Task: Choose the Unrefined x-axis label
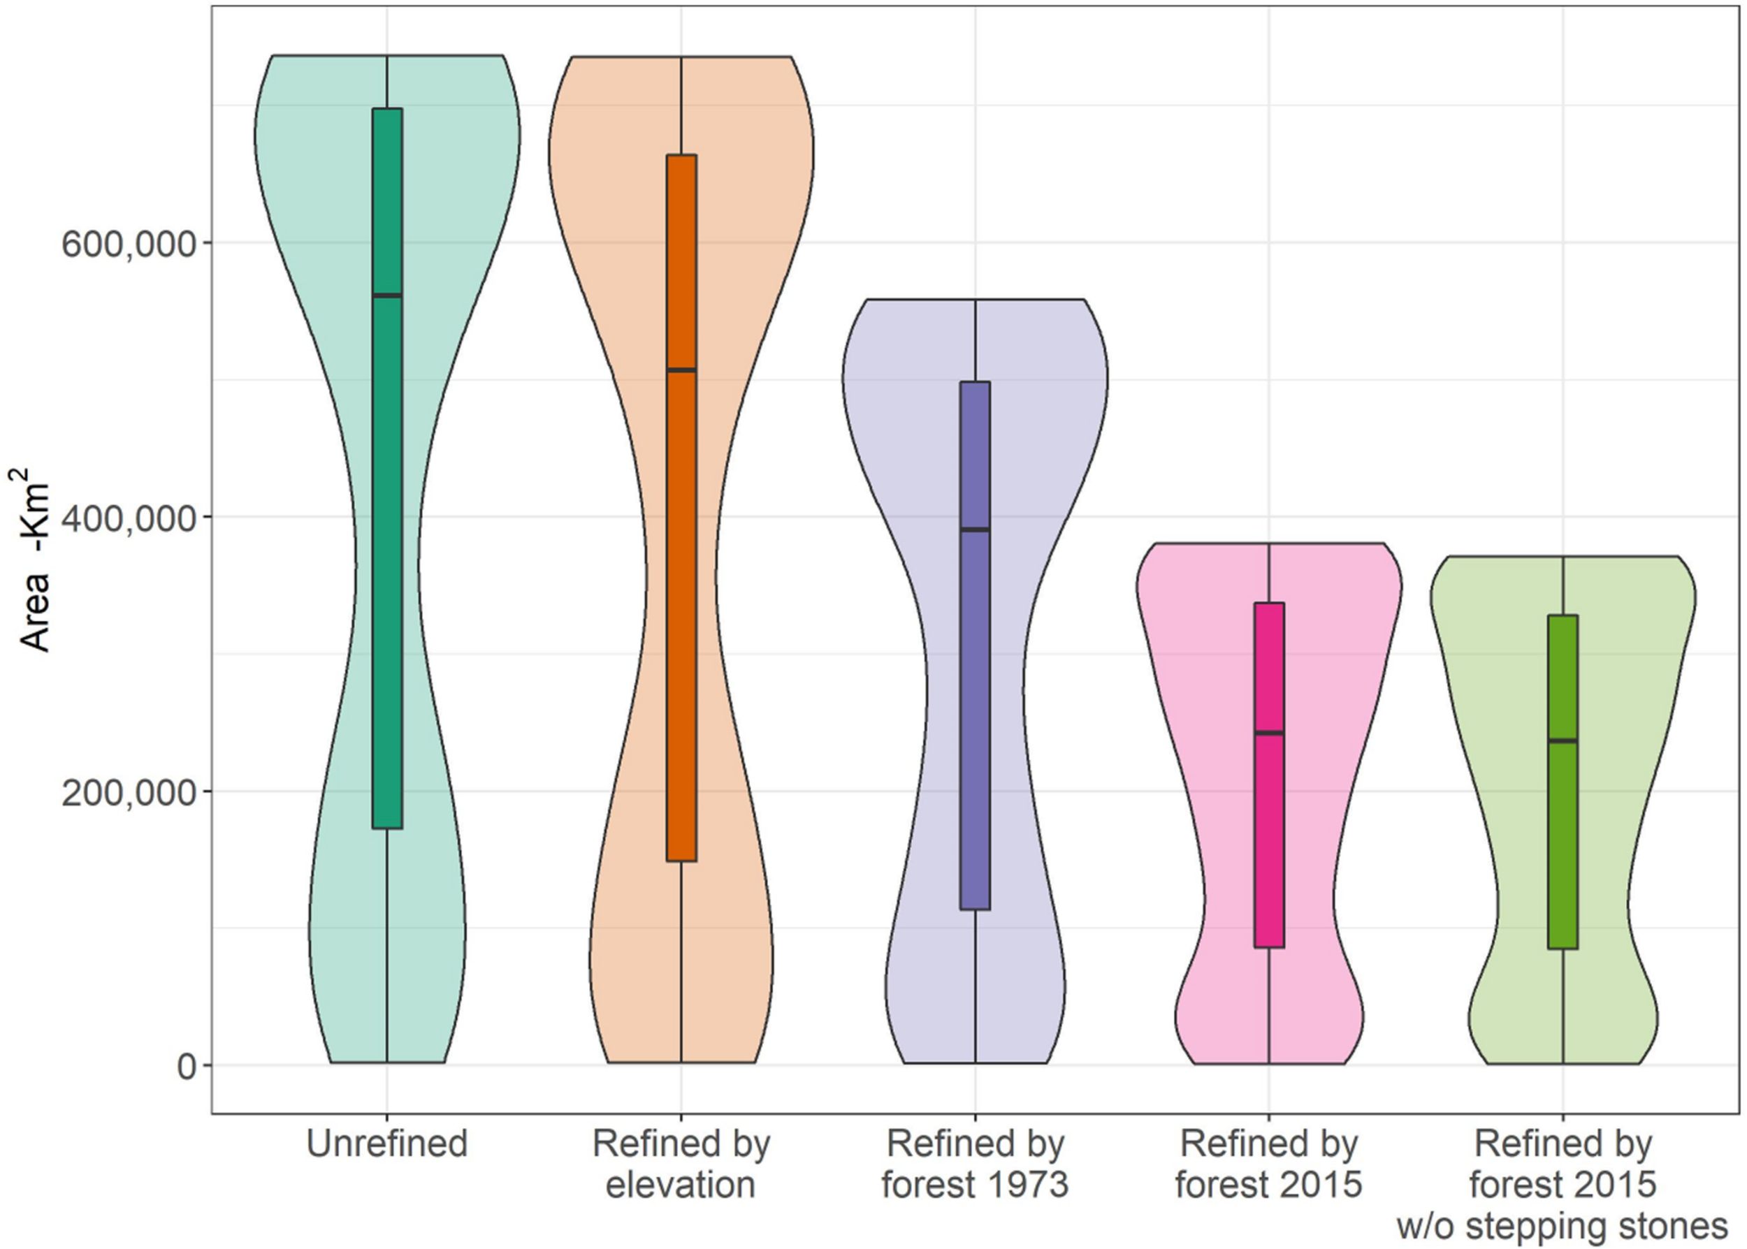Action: [x=386, y=1144]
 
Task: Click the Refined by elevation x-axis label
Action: [x=681, y=1164]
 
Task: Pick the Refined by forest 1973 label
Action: [x=975, y=1164]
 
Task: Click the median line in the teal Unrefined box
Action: [x=387, y=295]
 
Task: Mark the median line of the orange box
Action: [x=681, y=370]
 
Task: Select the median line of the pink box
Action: [x=1269, y=733]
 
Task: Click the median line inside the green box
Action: [x=1563, y=740]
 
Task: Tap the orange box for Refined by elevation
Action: [x=681, y=615]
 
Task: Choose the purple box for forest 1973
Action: [x=976, y=692]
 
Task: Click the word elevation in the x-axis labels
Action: [x=681, y=1185]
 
